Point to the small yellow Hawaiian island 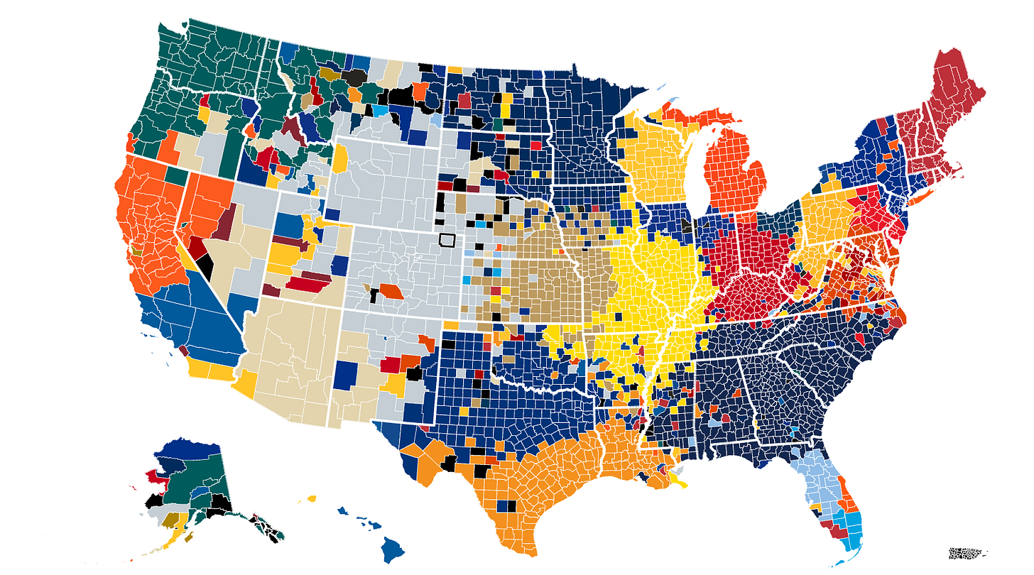(310, 500)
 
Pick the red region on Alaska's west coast (154, 478)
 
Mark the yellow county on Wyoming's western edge (341, 158)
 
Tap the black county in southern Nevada (205, 267)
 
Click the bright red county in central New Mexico (391, 365)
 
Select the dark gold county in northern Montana (327, 72)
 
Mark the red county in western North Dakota (464, 100)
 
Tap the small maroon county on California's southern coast (183, 350)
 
